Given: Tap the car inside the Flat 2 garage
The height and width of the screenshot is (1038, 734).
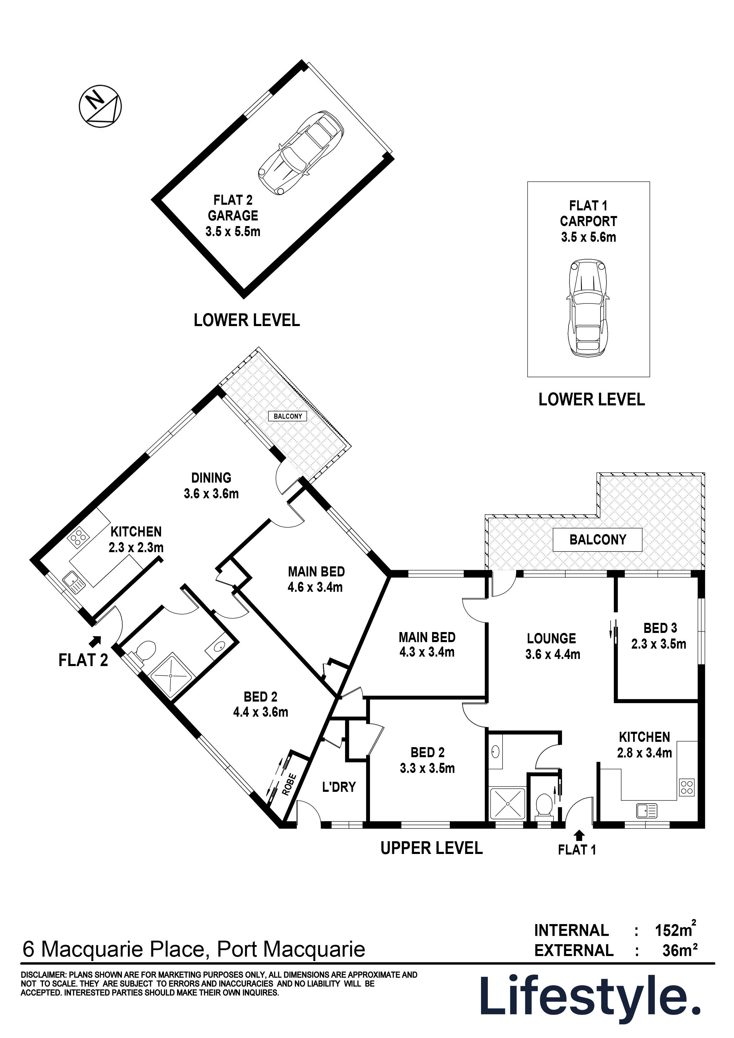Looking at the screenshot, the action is tap(300, 152).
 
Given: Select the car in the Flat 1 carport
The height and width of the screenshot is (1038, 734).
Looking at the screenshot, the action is tap(587, 308).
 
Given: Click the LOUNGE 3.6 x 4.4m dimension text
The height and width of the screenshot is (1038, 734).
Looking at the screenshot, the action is tap(553, 654).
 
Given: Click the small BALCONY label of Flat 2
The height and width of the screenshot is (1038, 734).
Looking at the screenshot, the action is tap(288, 416).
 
